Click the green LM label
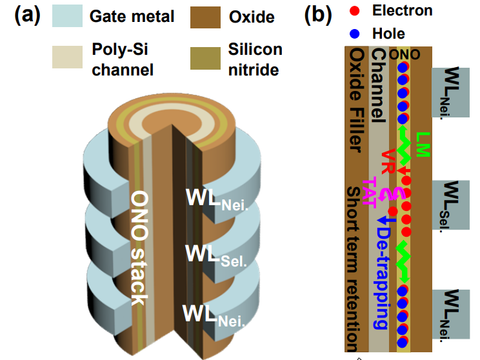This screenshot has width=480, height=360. [x=423, y=145]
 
